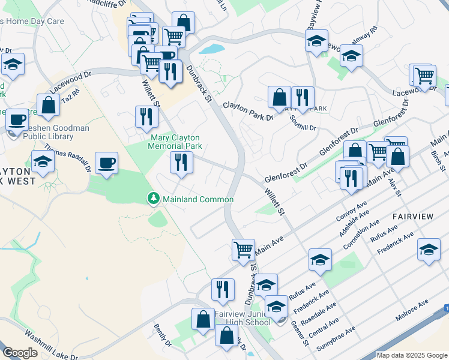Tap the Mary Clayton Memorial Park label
(x=175, y=142)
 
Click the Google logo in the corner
(x=21, y=353)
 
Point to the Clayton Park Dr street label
(x=248, y=111)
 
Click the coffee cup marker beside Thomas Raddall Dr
(x=106, y=163)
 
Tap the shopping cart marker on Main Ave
(x=243, y=249)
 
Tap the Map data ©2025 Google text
(x=412, y=355)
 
